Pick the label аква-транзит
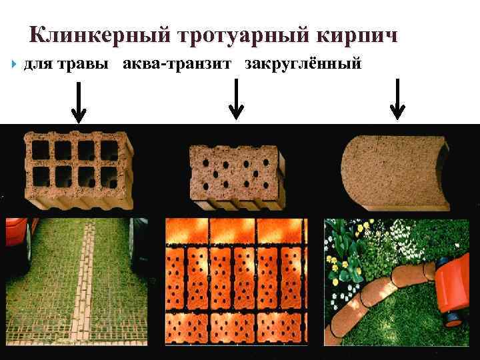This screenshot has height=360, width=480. pyautogui.click(x=179, y=65)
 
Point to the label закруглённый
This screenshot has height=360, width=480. pyautogui.click(x=303, y=65)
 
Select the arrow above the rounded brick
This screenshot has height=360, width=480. pyautogui.click(x=398, y=99)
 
